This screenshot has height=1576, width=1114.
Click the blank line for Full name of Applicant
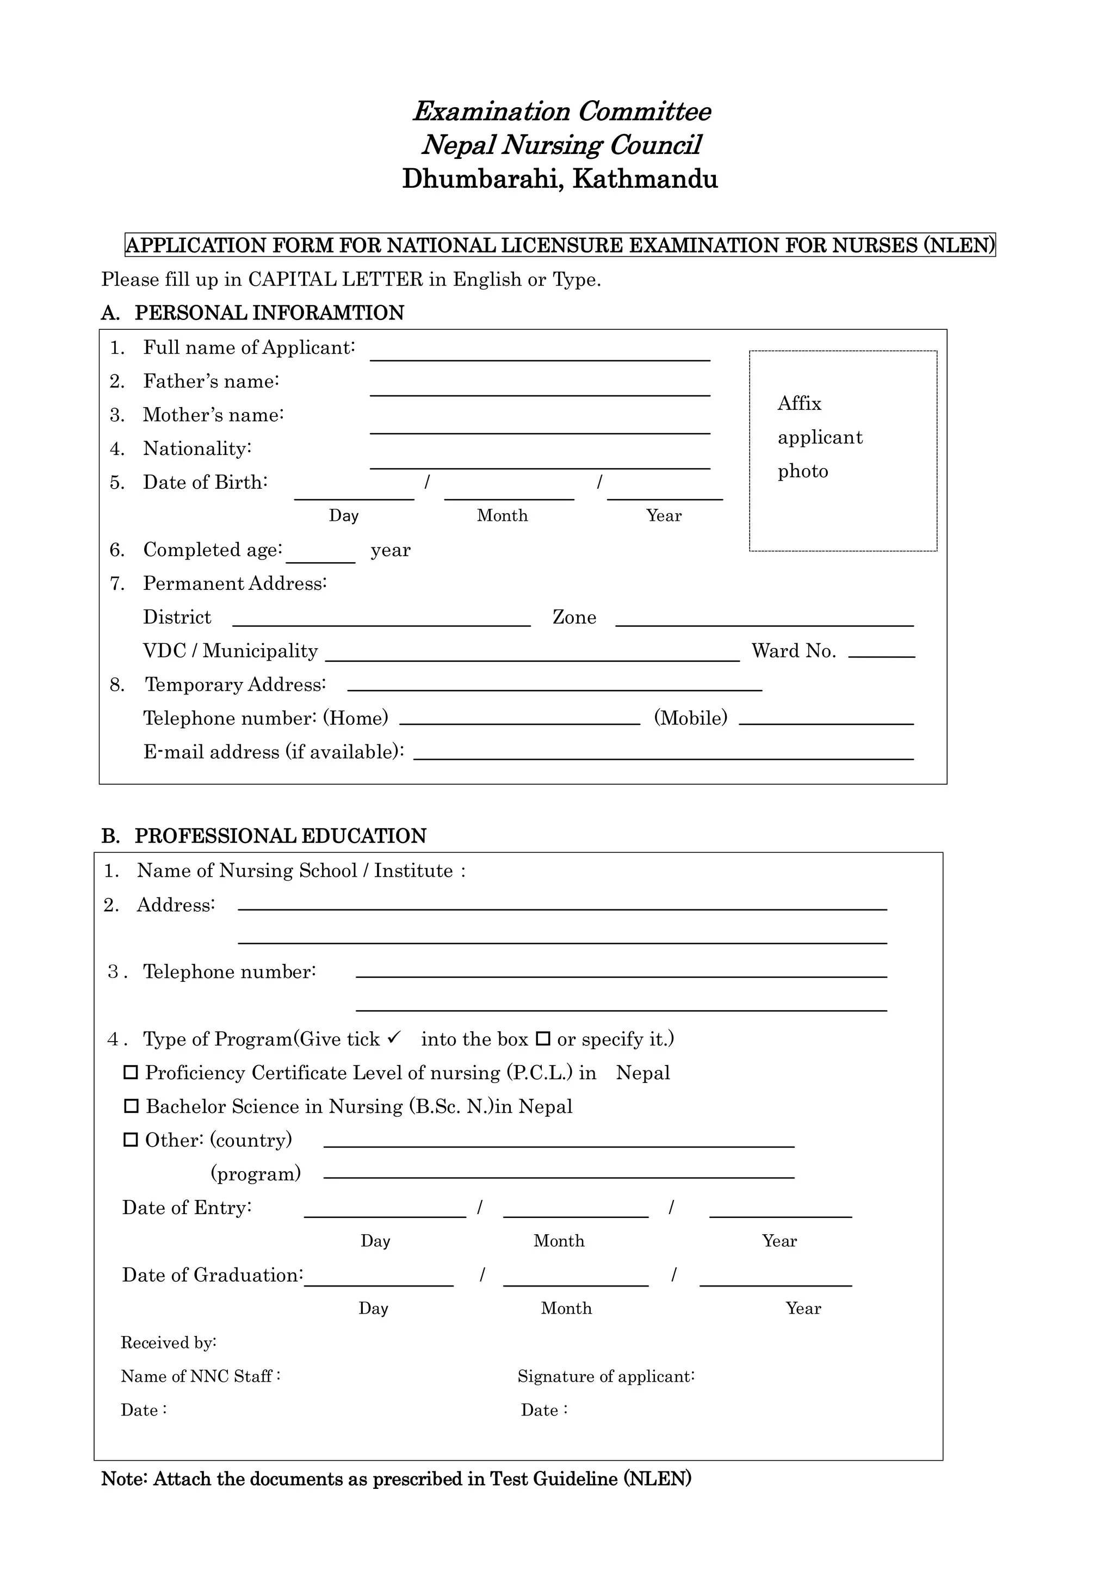(539, 354)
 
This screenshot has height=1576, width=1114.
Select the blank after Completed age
(320, 557)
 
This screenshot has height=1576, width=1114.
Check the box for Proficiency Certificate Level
(131, 1072)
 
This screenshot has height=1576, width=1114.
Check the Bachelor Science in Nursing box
(131, 1106)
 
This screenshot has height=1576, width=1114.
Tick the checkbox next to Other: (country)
(131, 1140)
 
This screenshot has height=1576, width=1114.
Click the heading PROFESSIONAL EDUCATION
(280, 836)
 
